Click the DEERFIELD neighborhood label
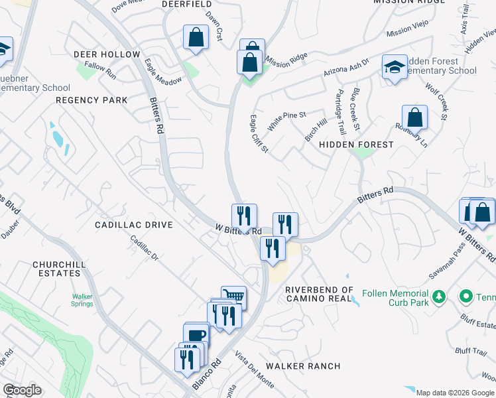[188, 4]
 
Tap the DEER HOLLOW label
[107, 54]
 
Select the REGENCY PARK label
[92, 100]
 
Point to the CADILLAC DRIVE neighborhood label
[133, 225]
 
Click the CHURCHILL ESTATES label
[59, 269]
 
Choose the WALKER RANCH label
[303, 366]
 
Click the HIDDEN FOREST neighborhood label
[356, 144]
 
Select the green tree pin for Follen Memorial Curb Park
[438, 297]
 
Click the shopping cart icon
[233, 297]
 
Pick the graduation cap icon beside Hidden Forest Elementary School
[395, 67]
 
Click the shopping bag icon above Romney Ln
[414, 117]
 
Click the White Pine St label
[286, 120]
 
